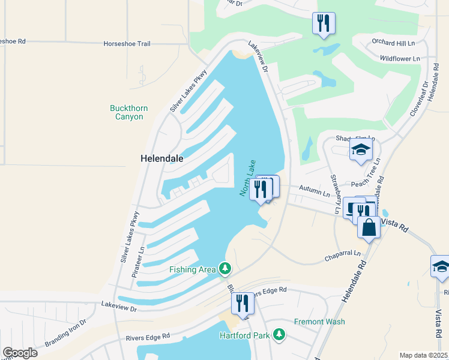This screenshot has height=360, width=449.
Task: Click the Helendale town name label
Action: point(161,159)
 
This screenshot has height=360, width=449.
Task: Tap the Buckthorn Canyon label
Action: point(129,112)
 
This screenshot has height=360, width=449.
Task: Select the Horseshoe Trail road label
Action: point(127,44)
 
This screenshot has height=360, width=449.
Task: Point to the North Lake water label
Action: point(248,178)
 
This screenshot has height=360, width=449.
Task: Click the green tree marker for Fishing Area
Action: point(225,267)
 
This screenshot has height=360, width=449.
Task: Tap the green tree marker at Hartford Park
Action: point(279,334)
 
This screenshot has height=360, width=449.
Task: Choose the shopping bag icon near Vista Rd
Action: point(369,228)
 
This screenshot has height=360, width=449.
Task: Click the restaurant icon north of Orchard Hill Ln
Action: point(324,23)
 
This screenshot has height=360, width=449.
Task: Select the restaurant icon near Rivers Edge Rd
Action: point(243,303)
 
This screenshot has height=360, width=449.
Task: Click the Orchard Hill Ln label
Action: point(393,44)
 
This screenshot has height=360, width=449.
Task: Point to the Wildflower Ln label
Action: point(399,59)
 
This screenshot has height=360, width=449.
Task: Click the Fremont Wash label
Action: point(319,322)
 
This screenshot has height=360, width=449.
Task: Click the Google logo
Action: point(20,353)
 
